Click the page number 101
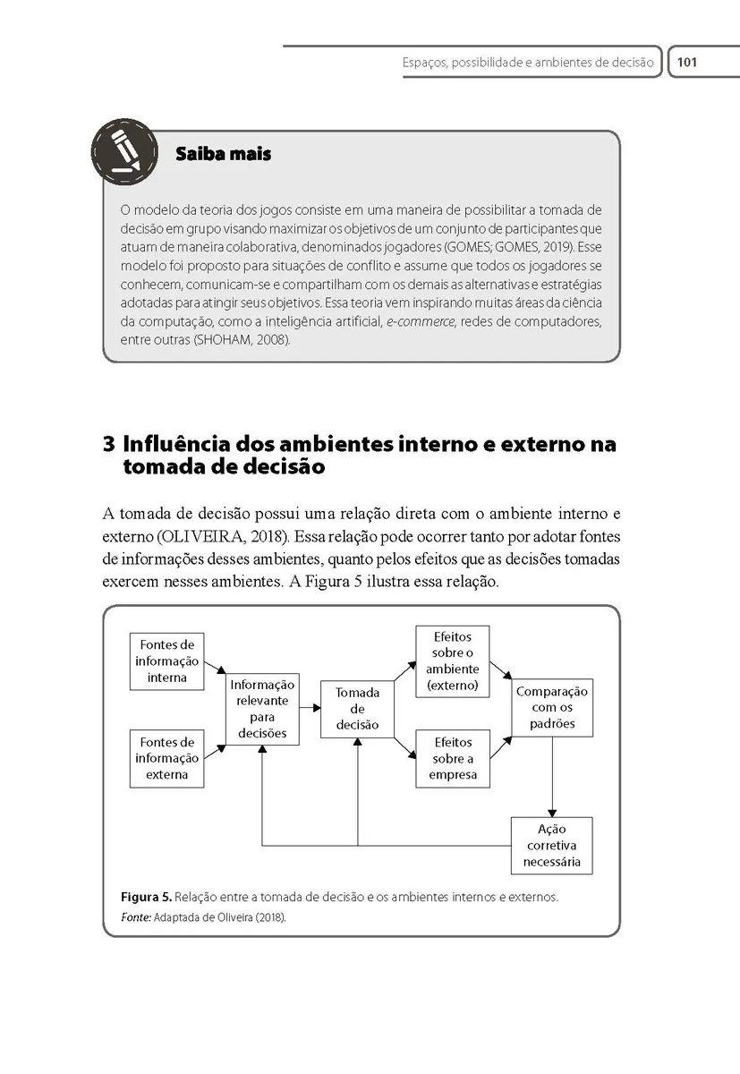[x=687, y=63]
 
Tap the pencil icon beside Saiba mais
[x=124, y=151]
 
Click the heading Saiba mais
[x=224, y=154]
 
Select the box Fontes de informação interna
[x=167, y=661]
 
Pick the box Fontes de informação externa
[x=167, y=758]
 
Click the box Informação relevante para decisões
[x=262, y=708]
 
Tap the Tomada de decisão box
[x=357, y=708]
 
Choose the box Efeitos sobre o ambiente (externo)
[x=453, y=661]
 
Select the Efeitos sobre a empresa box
[x=453, y=758]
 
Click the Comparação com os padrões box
[x=552, y=707]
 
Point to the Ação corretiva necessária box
[x=552, y=845]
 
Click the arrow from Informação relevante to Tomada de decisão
[x=310, y=708]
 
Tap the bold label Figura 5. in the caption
[x=146, y=897]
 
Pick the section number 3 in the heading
[x=109, y=445]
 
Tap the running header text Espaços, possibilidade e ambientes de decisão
[x=528, y=63]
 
